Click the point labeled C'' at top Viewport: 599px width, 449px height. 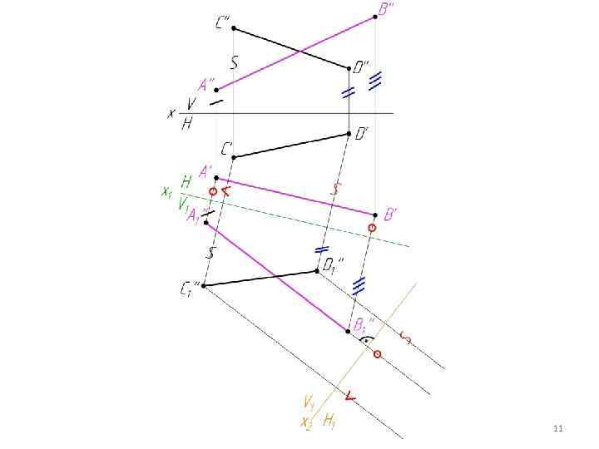click(234, 28)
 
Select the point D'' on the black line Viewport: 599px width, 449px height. click(349, 67)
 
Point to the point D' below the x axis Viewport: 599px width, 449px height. click(349, 133)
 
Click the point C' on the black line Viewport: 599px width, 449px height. click(234, 157)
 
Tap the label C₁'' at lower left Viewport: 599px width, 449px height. click(190, 289)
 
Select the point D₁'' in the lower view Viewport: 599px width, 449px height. click(317, 270)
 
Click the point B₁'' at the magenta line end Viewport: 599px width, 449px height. click(348, 331)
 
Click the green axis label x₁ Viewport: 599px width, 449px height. click(166, 192)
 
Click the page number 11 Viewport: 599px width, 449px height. click(558, 428)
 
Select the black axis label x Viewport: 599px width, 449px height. click(171, 113)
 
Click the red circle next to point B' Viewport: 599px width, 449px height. click(372, 227)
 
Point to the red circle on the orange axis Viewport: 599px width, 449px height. click(377, 354)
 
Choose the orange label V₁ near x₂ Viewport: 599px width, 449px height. click(309, 404)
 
